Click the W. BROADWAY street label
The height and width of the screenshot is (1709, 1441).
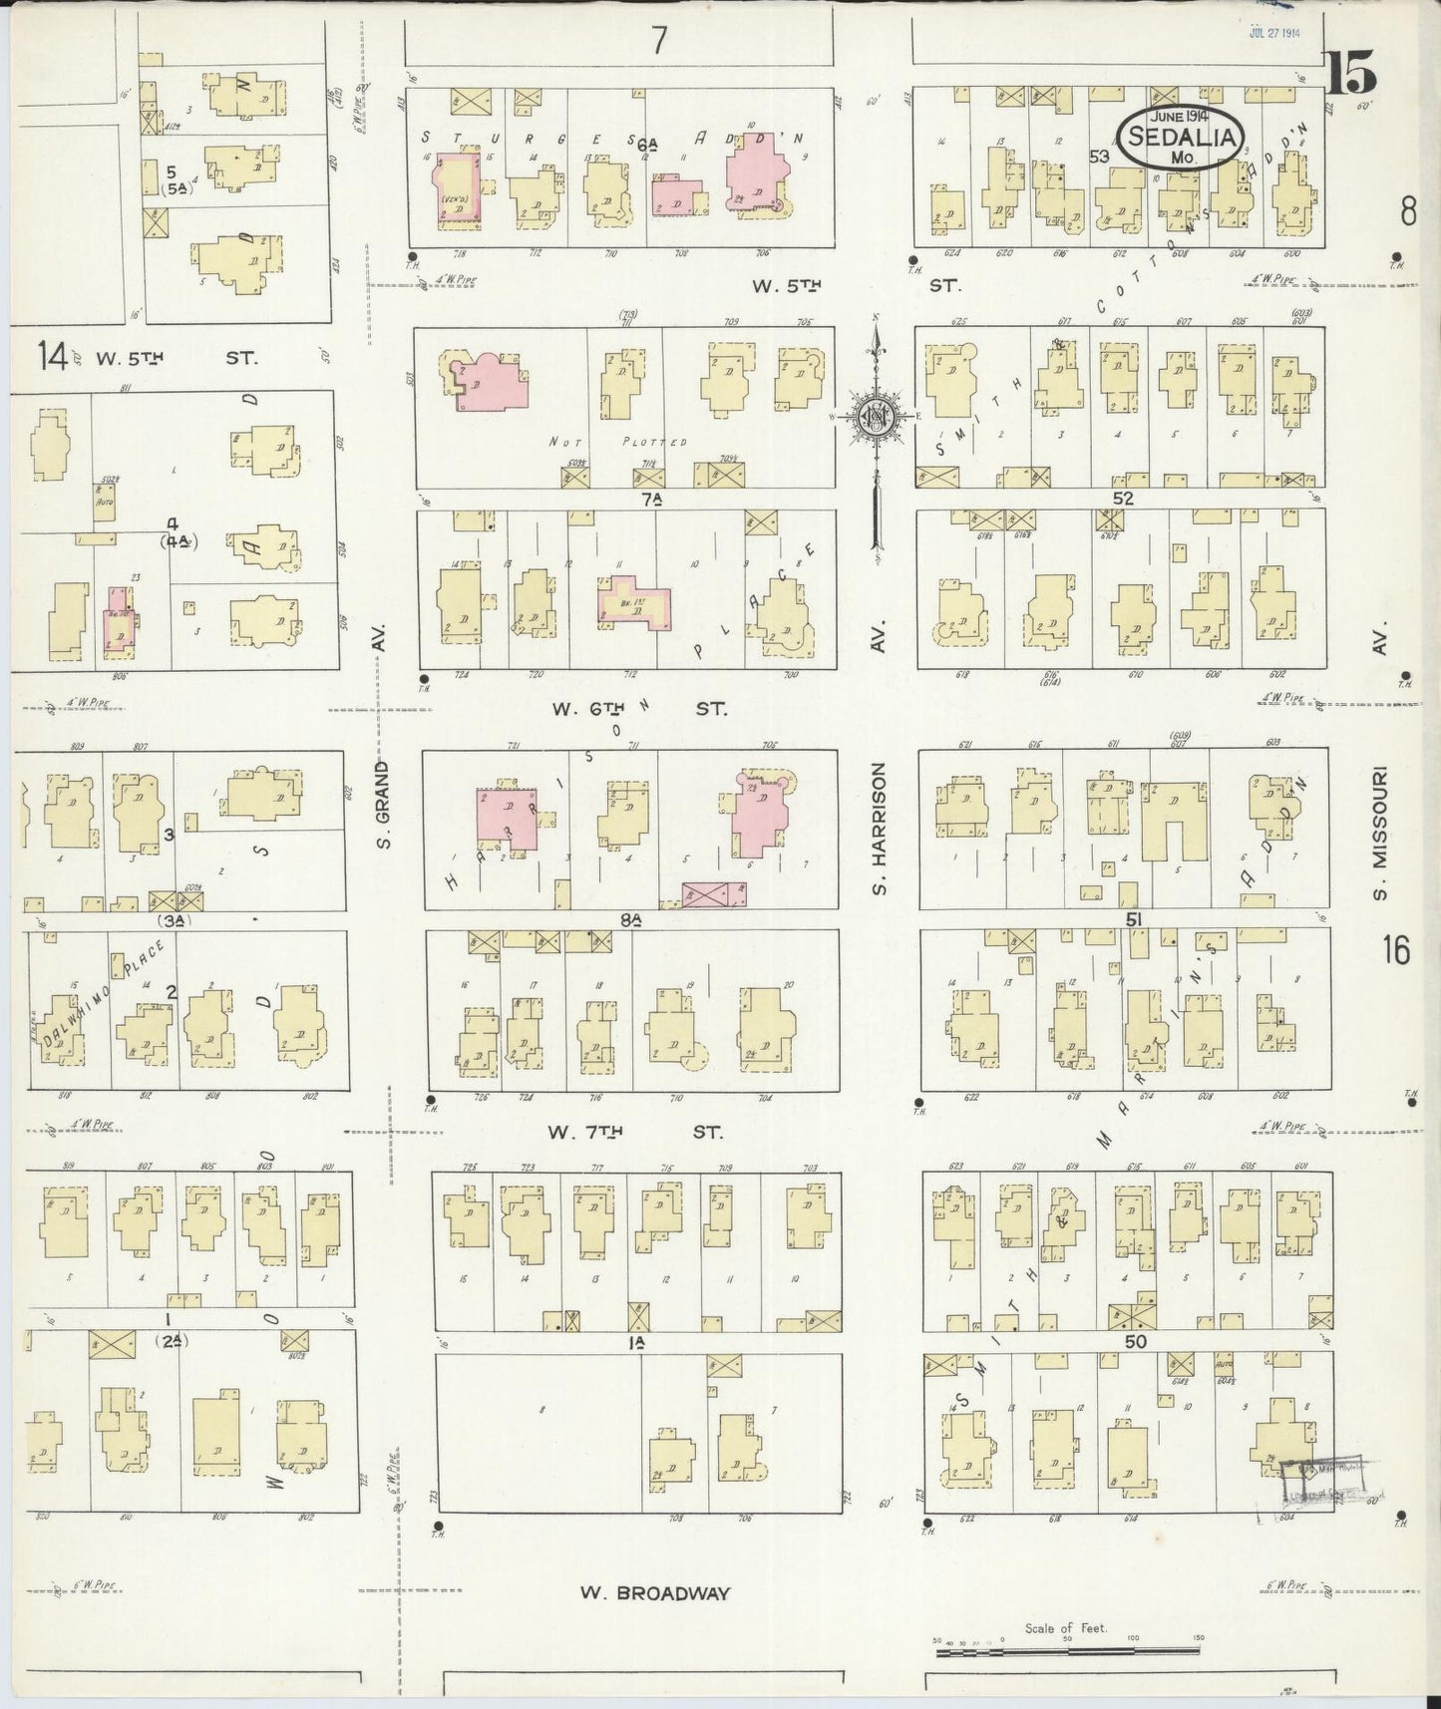pyautogui.click(x=655, y=1592)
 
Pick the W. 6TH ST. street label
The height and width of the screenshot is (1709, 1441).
pyautogui.click(x=639, y=709)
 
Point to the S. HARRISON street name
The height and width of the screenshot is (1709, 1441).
pyautogui.click(x=879, y=828)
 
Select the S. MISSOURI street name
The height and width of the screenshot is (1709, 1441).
pyautogui.click(x=1381, y=832)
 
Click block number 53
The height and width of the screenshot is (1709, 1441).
pyautogui.click(x=1099, y=156)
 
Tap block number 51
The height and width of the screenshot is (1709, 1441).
pyautogui.click(x=1133, y=920)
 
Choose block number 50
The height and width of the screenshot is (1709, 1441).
pyautogui.click(x=1135, y=1342)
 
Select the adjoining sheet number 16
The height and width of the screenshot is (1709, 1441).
pyautogui.click(x=1396, y=951)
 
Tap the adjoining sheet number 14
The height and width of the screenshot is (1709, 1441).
pyautogui.click(x=52, y=355)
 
